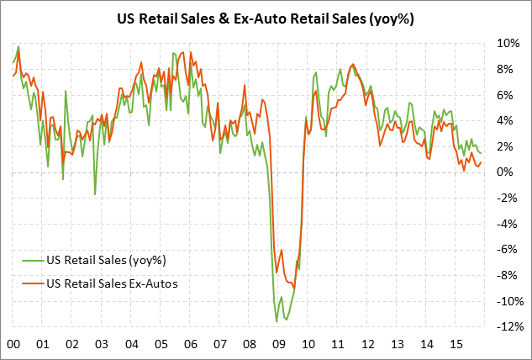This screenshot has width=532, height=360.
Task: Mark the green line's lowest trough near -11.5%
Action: click(x=277, y=321)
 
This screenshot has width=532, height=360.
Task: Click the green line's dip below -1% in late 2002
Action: click(x=95, y=194)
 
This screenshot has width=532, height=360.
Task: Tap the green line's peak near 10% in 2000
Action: click(x=18, y=46)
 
